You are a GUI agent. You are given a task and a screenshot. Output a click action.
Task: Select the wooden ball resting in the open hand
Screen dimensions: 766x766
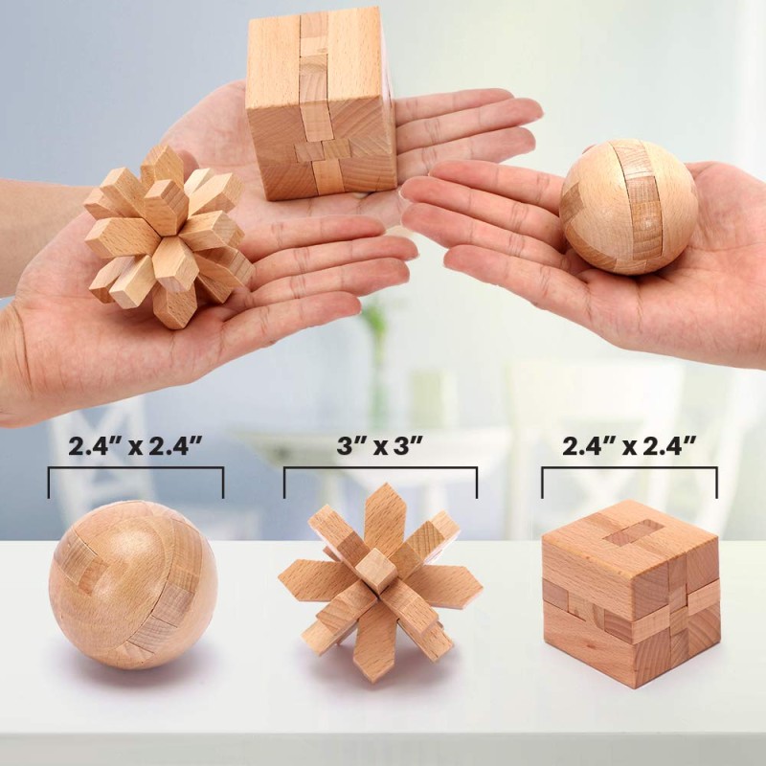(628, 206)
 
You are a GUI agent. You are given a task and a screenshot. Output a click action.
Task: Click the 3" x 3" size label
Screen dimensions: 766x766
(380, 445)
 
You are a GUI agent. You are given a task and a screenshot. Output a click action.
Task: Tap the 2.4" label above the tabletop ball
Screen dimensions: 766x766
(135, 445)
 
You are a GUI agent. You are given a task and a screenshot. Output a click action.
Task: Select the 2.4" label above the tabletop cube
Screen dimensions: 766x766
(629, 445)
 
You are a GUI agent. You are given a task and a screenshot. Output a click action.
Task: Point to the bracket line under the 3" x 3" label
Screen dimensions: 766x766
(380, 469)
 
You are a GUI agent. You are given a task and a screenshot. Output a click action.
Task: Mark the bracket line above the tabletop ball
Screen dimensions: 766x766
(135, 469)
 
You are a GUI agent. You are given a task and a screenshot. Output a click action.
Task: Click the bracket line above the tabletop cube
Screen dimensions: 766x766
(629, 469)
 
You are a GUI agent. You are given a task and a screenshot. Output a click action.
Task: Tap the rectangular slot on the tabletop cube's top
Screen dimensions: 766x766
(632, 531)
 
